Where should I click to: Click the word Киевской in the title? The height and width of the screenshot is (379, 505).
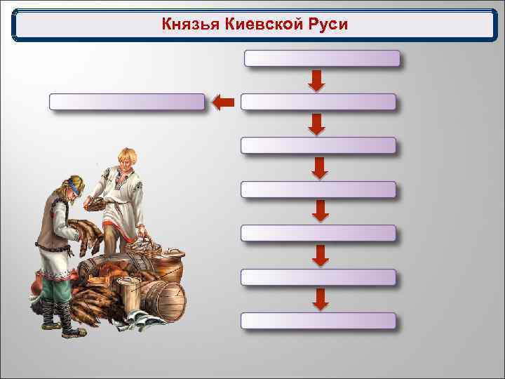pyautogui.click(x=258, y=25)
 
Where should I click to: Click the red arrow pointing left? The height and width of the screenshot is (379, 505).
pyautogui.click(x=222, y=103)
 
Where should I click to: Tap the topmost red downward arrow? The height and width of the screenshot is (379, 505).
pyautogui.click(x=317, y=80)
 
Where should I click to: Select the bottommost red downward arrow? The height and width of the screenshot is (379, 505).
pyautogui.click(x=320, y=299)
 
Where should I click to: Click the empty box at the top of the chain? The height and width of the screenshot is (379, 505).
pyautogui.click(x=323, y=58)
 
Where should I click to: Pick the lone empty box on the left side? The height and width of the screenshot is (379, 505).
pyautogui.click(x=127, y=102)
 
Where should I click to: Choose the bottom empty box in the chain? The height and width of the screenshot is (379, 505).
pyautogui.click(x=318, y=321)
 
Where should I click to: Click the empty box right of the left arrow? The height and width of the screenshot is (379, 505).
pyautogui.click(x=318, y=102)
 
